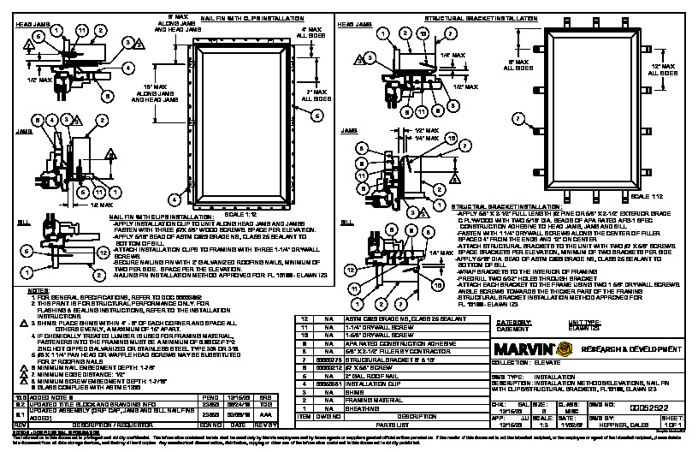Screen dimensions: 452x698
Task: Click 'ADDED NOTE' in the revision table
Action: (x=50, y=398)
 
